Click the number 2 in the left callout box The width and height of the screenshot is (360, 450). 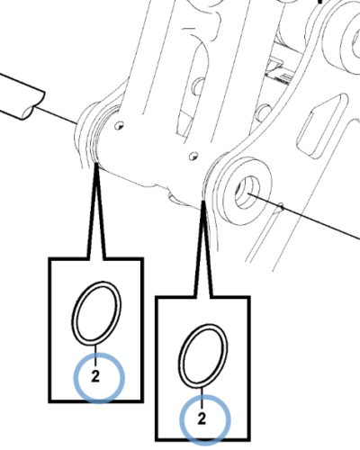[x=95, y=376]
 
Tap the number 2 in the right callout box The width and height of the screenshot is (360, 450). [x=202, y=418]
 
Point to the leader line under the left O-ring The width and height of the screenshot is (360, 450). [x=95, y=355]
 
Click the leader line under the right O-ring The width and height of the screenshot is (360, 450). [x=202, y=398]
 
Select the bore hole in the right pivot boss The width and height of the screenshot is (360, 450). [x=247, y=193]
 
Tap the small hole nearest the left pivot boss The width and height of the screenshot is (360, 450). [x=120, y=125]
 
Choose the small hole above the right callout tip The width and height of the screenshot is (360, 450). [x=193, y=156]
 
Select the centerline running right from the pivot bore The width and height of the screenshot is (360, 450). [x=304, y=216]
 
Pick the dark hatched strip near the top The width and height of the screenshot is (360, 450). [x=281, y=80]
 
